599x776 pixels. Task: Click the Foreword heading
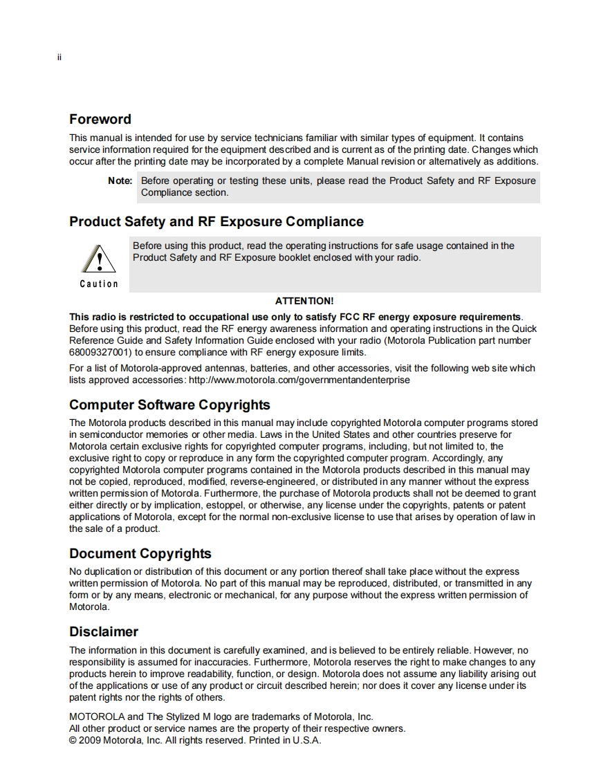[100, 119]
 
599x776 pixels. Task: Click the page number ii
[59, 57]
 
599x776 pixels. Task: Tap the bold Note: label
[120, 181]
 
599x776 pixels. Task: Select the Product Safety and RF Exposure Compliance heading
[216, 222]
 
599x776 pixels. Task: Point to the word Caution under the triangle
[99, 284]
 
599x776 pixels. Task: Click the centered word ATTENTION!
[304, 301]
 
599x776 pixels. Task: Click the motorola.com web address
[299, 380]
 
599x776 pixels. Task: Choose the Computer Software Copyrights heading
[169, 405]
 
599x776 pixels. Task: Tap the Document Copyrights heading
[140, 553]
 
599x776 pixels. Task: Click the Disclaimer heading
[104, 631]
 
